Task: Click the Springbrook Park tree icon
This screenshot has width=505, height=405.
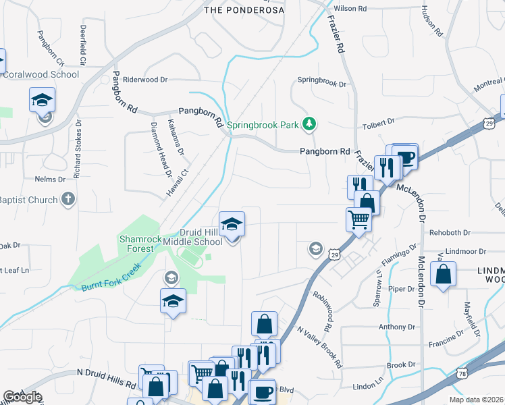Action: tap(309, 124)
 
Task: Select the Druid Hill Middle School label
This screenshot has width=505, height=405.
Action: tap(201, 237)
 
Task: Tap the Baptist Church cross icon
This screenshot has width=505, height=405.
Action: tap(68, 199)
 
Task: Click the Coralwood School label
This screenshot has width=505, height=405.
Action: tap(41, 74)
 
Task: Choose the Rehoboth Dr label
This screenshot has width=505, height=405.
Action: tap(448, 233)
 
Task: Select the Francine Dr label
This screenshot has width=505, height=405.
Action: tap(447, 342)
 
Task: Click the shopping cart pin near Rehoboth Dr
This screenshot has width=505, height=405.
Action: tap(358, 219)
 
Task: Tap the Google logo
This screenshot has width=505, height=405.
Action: tap(22, 397)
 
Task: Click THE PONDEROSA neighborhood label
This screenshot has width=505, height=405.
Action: tap(240, 10)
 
